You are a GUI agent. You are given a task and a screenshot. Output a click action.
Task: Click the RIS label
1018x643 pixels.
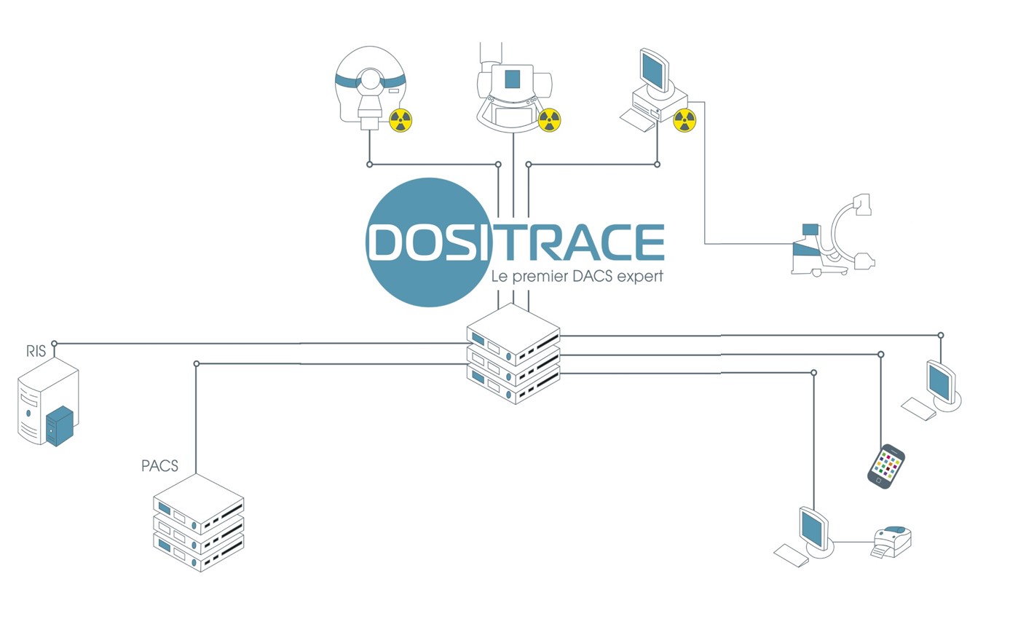pos(36,351)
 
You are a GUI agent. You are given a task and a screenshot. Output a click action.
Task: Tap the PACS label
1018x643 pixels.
pos(159,466)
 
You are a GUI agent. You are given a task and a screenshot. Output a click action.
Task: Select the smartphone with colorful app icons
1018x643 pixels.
pos(885,466)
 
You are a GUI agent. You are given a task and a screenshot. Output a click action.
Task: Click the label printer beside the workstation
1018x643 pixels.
pos(891,541)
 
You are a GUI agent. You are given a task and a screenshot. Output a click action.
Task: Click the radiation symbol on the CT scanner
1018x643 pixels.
pos(401,120)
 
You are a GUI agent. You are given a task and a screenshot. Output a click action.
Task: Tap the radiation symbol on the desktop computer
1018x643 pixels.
pos(684,120)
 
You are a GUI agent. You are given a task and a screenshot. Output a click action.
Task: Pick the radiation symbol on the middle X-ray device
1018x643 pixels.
pos(550,120)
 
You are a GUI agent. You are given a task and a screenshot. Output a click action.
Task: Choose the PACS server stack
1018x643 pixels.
pos(199,523)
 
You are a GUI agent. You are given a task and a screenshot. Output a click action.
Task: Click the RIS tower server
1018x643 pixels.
pos(48,401)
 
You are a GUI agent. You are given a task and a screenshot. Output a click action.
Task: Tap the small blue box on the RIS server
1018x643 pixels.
pos(60,426)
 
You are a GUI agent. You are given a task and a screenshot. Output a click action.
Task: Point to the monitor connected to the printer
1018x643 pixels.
pos(814,531)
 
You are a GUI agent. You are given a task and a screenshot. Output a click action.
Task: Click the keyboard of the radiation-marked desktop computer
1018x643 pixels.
pos(638,120)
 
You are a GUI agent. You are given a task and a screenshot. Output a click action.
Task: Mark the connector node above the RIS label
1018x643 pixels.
pos(54,343)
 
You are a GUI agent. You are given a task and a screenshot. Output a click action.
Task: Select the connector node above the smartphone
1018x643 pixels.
pos(881,354)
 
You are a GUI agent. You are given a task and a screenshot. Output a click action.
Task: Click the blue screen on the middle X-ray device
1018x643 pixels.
pos(512,79)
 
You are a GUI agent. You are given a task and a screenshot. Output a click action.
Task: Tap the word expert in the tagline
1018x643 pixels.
pos(640,276)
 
